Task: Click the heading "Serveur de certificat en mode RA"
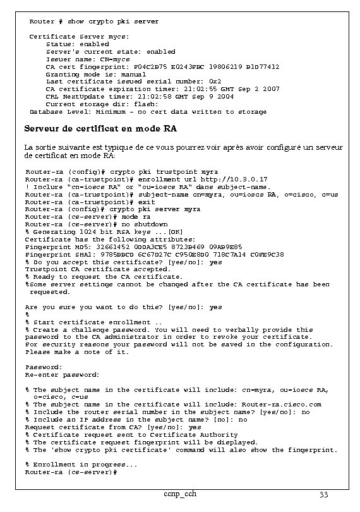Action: pos(100,130)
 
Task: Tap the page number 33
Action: pos(324,494)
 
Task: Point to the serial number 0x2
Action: pos(215,82)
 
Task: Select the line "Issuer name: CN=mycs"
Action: pos(88,59)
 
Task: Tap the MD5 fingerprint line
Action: pos(133,247)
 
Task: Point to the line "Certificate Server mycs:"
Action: pos(79,37)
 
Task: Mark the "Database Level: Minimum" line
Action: pos(148,112)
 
